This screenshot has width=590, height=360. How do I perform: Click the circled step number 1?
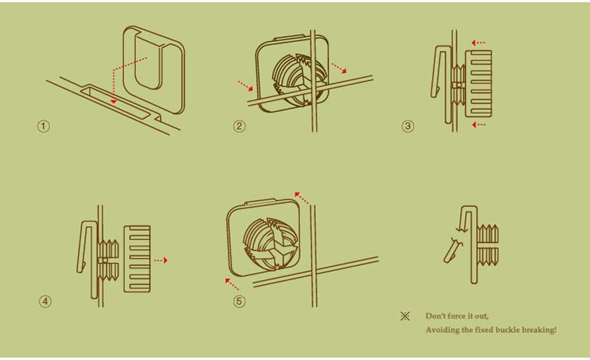tap(44, 126)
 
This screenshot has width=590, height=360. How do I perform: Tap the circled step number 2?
tap(239, 126)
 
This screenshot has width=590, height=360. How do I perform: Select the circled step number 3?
tap(408, 126)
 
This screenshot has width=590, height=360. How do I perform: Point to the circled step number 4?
tap(45, 301)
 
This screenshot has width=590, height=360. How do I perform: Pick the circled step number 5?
tap(239, 301)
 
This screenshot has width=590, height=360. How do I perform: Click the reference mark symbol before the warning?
tap(405, 316)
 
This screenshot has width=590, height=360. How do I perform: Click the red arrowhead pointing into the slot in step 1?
tap(113, 101)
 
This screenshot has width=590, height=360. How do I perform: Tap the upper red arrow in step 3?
tap(478, 42)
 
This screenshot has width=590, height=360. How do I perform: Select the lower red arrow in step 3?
tap(478, 125)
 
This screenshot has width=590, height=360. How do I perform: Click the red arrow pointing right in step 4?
tap(161, 261)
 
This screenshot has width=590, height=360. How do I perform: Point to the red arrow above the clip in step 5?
tap(302, 198)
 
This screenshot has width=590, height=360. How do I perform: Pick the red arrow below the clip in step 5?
tap(232, 284)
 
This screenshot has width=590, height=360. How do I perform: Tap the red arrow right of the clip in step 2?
tap(339, 68)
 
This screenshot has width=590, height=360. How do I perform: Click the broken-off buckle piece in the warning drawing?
tap(453, 251)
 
